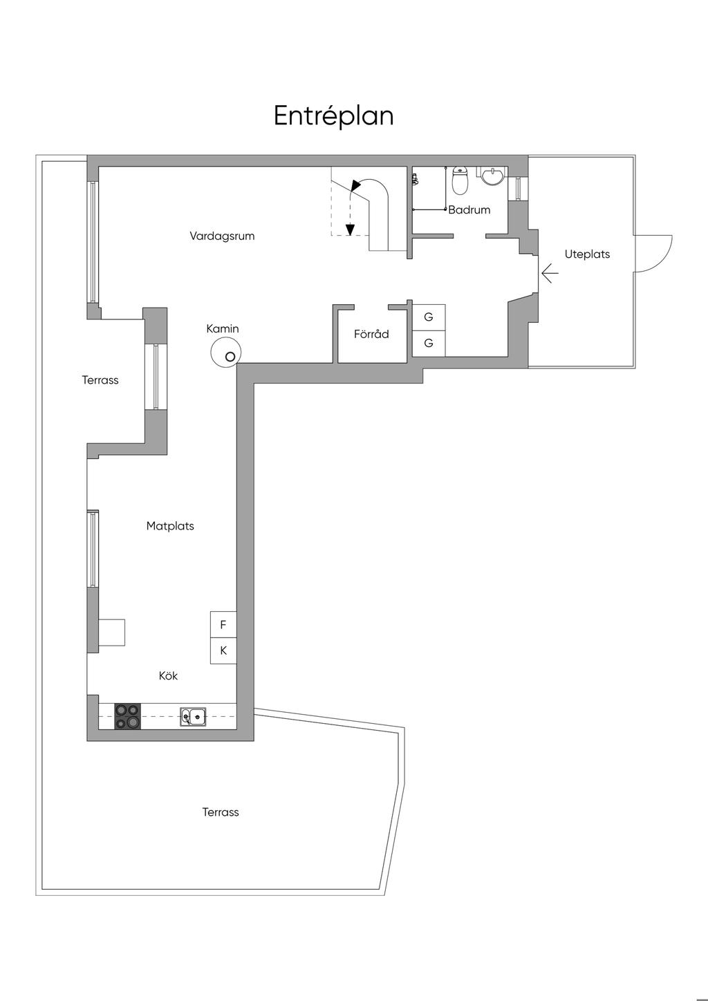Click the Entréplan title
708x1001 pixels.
click(x=333, y=115)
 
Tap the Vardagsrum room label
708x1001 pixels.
click(x=222, y=236)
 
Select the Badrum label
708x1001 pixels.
click(x=469, y=209)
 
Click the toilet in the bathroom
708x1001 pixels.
click(x=460, y=181)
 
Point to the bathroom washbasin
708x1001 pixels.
click(x=492, y=175)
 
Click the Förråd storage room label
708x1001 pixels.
click(x=371, y=334)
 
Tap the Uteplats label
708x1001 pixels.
click(x=587, y=254)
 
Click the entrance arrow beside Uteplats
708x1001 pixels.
click(x=550, y=273)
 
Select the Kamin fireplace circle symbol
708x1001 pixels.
click(x=225, y=352)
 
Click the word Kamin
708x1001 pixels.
click(x=223, y=328)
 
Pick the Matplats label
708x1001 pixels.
click(x=170, y=525)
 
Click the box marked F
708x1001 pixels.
click(x=223, y=624)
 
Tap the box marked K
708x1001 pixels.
click(x=223, y=651)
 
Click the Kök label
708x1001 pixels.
click(x=168, y=675)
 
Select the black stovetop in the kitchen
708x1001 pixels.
click(x=127, y=716)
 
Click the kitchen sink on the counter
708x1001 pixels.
click(x=193, y=716)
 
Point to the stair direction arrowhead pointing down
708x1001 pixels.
click(x=350, y=230)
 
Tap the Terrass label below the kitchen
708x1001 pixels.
click(x=221, y=812)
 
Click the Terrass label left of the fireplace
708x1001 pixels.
click(x=100, y=380)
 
